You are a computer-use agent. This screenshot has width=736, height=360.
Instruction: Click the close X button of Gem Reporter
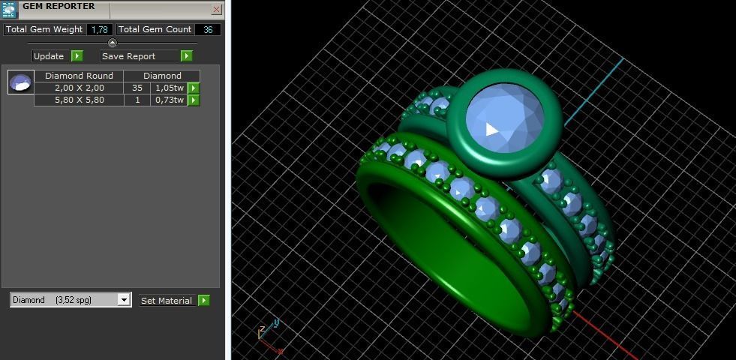coord(216,10)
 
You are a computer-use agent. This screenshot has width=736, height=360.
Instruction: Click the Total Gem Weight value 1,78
coord(99,29)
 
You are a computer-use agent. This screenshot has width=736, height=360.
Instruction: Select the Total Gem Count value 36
coord(208,29)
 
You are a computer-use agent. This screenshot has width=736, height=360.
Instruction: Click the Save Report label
coord(128,56)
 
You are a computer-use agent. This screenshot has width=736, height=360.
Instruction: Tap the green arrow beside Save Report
coord(187,56)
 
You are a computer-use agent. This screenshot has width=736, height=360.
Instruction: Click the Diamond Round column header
coord(79,76)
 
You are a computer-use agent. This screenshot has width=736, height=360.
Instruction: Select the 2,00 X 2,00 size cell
coord(79,88)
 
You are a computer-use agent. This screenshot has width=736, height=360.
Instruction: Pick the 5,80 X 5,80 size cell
coord(79,100)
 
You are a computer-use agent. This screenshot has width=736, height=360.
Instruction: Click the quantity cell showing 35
coord(137,88)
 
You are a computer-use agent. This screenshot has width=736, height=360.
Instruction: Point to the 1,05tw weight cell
coord(169,88)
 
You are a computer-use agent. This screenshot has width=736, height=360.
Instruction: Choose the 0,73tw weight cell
coord(169,100)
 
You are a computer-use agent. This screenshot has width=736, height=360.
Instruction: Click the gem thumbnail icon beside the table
coord(21,82)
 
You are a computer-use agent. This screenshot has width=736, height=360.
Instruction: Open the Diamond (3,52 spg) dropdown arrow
coord(124,300)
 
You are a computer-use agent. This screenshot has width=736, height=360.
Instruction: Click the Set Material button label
coord(166,301)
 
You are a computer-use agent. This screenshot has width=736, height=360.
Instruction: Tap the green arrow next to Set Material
coord(203,301)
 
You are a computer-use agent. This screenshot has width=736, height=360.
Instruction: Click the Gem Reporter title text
coord(59,7)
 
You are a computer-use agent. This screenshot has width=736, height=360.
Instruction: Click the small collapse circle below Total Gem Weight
coord(113,43)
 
